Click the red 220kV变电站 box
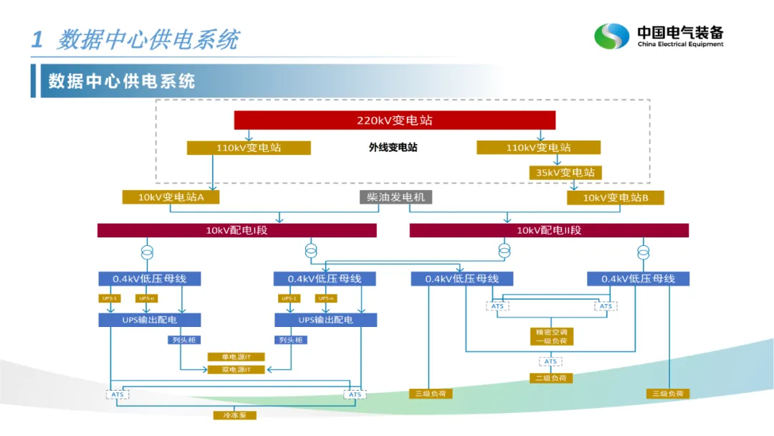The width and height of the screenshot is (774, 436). coord(395,120)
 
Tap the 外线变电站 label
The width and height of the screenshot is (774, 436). coord(393,148)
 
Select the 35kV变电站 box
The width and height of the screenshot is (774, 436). coord(565,173)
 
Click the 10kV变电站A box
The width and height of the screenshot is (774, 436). coord(171,197)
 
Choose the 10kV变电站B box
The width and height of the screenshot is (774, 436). coord(615,197)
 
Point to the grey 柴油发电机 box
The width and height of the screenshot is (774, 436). coord(396,197)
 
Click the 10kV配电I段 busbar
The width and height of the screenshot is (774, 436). coord(236,230)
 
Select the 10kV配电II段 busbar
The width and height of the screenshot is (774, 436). coord(548,230)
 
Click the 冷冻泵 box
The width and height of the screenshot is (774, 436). coord(234,415)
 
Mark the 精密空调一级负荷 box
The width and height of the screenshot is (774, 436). coord(550,336)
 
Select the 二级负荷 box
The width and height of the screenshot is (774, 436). coord(550,377)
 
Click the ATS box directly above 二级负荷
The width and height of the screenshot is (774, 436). coord(550,361)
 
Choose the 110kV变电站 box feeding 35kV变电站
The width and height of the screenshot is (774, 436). coord(538,148)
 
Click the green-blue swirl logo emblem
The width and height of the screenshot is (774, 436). coord(611,36)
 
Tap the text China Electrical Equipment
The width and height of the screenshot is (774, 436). coord(680,44)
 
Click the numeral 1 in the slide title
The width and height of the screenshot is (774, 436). coord(37,39)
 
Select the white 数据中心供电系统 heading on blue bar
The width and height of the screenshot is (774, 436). coord(122,80)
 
